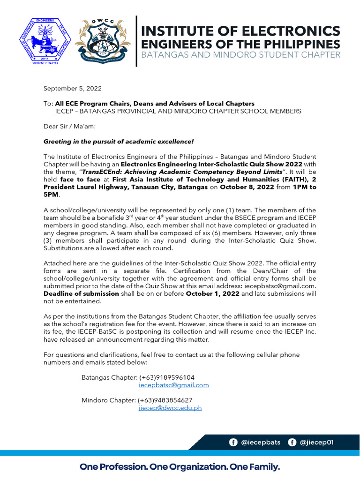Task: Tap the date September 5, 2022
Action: (72, 88)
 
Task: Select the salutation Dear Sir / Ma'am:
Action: (70, 126)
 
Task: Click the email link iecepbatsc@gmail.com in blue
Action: (173, 385)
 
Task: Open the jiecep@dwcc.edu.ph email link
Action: (170, 408)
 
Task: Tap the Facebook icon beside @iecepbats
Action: (233, 442)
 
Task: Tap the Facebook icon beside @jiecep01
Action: (292, 442)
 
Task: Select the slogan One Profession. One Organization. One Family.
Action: (180, 467)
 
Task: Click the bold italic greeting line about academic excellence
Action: (118, 141)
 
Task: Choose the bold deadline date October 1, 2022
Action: (213, 293)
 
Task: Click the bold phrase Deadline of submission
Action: (81, 293)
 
